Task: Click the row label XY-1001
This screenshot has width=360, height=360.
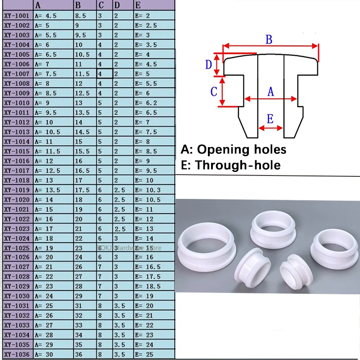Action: (x=17, y=16)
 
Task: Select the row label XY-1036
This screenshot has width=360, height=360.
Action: (x=17, y=355)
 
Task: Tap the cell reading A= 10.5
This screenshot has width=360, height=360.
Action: (x=47, y=132)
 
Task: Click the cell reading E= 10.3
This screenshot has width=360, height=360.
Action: (x=147, y=190)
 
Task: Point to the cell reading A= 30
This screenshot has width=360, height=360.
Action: (x=44, y=355)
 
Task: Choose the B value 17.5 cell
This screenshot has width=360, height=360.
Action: (x=83, y=190)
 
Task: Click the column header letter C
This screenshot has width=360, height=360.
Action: (x=101, y=5)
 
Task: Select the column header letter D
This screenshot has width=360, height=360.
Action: (x=117, y=5)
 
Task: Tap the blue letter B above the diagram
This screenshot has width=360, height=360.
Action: (x=269, y=39)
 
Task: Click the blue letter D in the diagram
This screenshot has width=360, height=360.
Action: (x=208, y=65)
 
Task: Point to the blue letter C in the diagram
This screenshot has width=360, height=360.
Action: (x=214, y=91)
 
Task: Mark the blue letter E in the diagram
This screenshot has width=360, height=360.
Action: (x=270, y=119)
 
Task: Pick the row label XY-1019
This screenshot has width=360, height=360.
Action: (x=17, y=190)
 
